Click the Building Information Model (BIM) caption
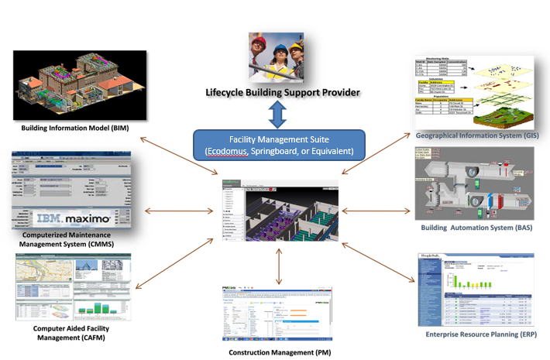tap(75, 126)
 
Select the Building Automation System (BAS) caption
tap(478, 228)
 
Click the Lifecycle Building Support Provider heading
tap(282, 93)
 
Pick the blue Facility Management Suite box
tap(283, 144)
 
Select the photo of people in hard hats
tap(281, 59)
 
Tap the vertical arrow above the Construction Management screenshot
tap(280, 262)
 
